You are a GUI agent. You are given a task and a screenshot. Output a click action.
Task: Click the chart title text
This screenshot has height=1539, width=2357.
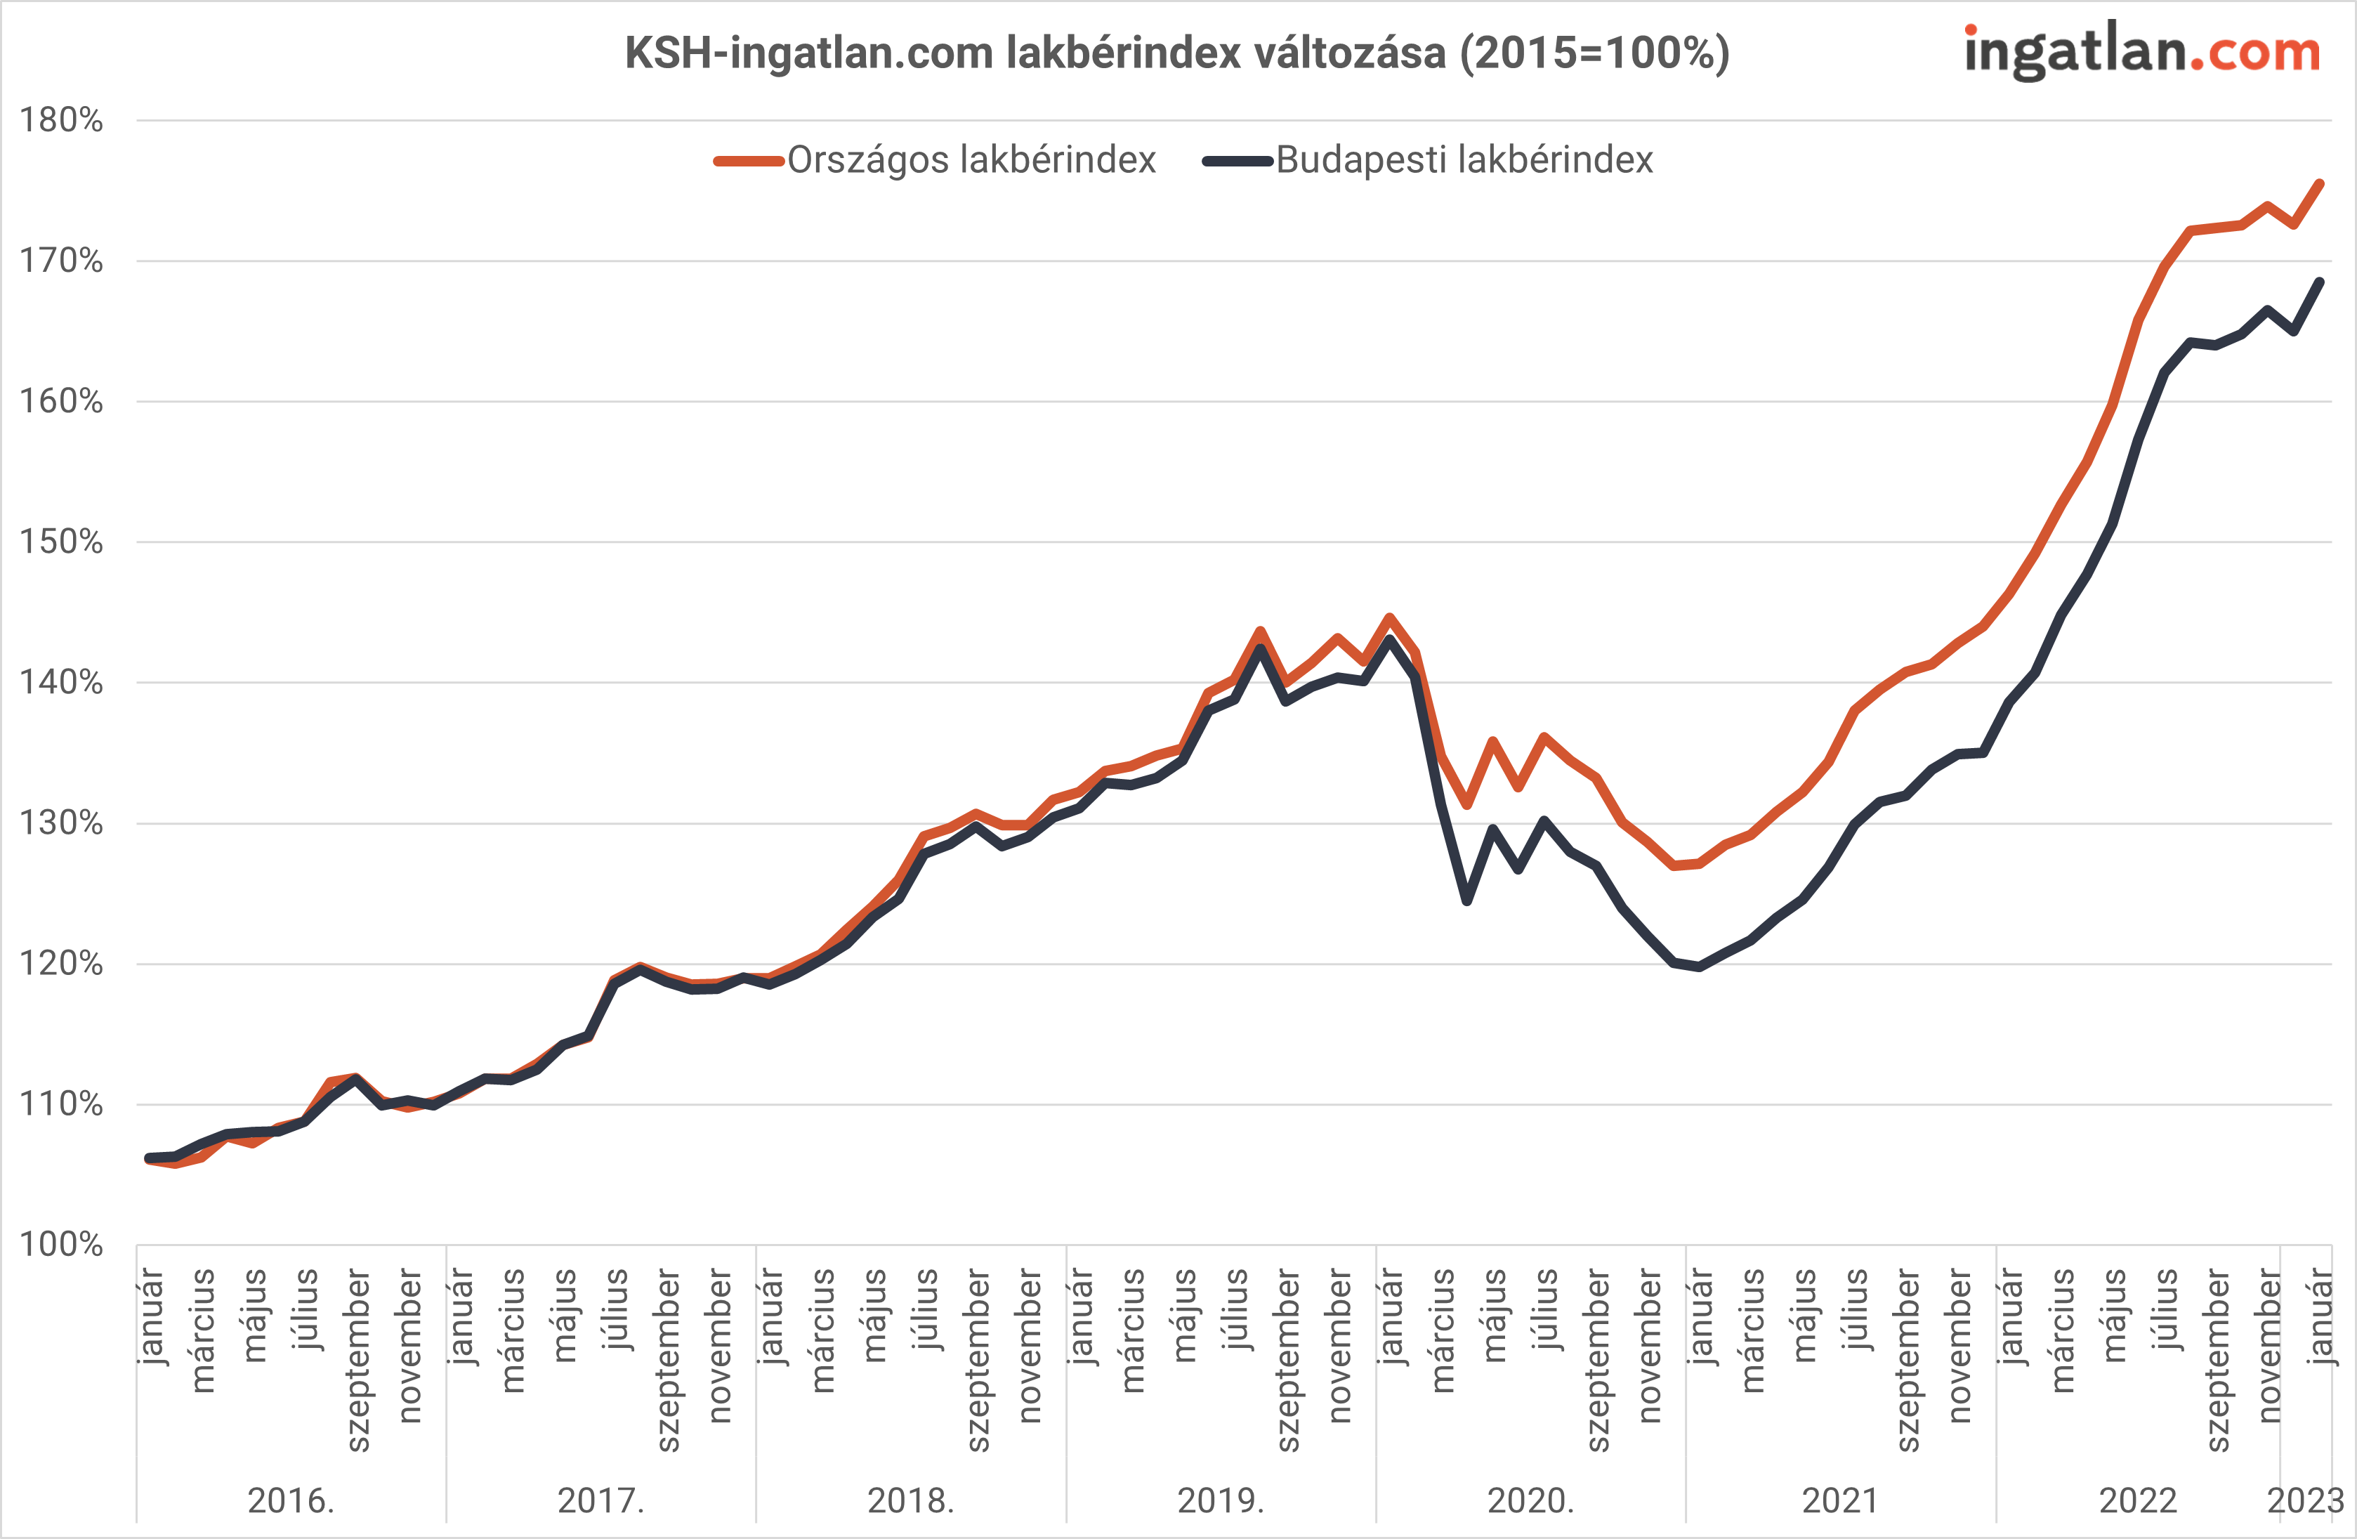(1176, 53)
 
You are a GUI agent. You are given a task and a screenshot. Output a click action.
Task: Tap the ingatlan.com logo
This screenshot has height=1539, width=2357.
(2141, 51)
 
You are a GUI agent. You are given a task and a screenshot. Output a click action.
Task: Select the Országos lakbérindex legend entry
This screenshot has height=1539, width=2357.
(971, 160)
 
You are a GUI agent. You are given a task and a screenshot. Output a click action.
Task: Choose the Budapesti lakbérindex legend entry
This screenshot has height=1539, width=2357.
(1464, 160)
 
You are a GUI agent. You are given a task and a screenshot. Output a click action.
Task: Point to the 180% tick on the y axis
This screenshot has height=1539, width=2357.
(61, 121)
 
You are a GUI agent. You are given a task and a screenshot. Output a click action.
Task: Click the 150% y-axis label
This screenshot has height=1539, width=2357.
(61, 542)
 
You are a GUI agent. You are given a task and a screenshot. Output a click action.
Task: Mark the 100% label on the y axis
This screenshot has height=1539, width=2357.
(61, 1244)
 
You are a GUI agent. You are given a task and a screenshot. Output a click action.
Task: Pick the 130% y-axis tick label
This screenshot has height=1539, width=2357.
(61, 823)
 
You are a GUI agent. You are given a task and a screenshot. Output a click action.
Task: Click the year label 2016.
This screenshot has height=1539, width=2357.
(291, 1501)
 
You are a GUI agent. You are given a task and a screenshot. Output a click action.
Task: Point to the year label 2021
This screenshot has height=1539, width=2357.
(1840, 1501)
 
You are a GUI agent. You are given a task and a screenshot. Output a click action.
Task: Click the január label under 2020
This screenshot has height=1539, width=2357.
(1391, 1317)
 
